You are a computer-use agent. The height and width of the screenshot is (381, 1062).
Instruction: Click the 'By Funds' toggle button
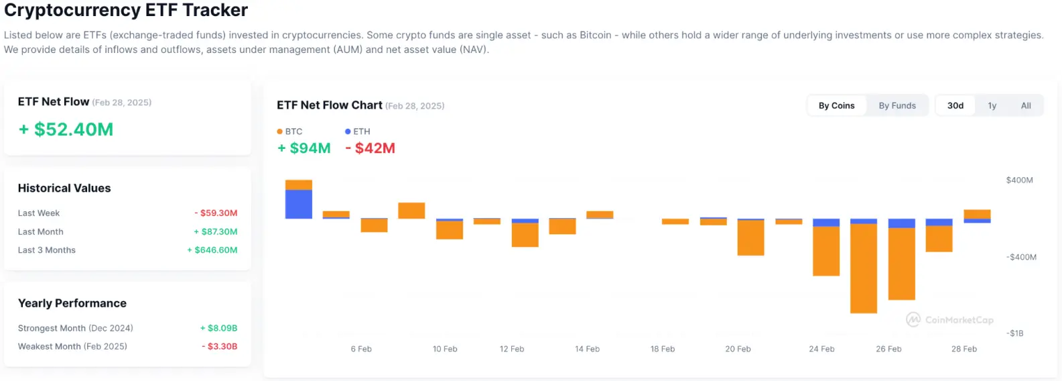coord(897,105)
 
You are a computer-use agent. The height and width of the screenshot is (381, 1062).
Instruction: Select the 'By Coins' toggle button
coord(836,105)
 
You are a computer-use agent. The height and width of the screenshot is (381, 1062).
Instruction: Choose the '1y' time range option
coord(992,105)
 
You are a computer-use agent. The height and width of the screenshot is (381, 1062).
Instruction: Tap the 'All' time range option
coord(1025,105)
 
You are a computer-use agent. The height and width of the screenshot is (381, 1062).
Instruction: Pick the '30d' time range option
coord(955,105)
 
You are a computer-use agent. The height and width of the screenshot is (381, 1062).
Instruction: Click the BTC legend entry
coord(290,131)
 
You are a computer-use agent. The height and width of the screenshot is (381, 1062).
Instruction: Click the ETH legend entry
coord(358,131)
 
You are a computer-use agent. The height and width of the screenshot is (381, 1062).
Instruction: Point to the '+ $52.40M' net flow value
coord(66,129)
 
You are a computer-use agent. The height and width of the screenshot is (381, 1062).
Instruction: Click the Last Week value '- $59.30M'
coord(216,213)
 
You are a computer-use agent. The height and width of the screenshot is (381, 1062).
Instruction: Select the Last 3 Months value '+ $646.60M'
coord(212,250)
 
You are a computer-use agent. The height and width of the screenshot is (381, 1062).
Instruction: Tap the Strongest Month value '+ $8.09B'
coord(218,328)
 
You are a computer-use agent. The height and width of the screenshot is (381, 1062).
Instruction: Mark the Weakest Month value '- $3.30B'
coord(220,346)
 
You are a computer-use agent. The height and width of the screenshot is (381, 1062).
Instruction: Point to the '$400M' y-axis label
coord(1019,180)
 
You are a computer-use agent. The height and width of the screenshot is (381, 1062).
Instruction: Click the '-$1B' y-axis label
coord(1016,333)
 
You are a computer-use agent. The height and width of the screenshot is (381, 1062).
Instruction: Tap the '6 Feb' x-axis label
coord(361,349)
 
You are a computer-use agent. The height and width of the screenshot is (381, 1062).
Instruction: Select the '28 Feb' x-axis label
coord(964,349)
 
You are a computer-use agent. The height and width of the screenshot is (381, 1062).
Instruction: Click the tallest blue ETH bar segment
coord(298,204)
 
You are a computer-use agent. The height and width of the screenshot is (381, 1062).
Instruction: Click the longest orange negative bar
coord(863,268)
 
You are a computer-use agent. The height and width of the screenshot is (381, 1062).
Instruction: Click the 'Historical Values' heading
coord(64,188)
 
